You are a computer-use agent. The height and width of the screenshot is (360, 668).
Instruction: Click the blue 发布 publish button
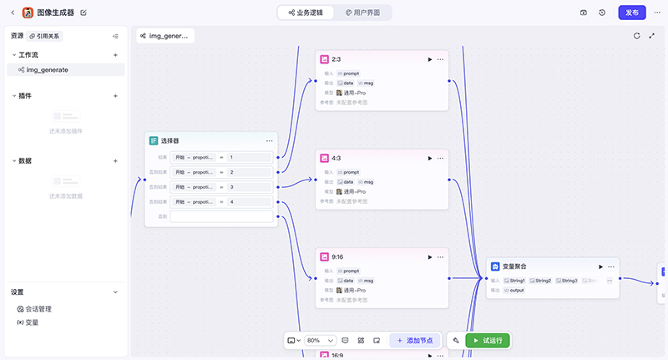pos(631,13)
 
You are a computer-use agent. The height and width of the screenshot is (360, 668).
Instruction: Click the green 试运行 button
pos(482,341)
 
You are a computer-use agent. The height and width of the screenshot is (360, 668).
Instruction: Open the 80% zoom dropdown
pos(321,341)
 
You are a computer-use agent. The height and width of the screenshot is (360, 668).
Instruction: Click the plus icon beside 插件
pos(115,95)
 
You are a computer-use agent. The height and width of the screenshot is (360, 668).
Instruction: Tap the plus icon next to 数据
pos(115,160)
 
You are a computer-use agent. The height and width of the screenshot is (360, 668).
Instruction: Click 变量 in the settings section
pos(32,322)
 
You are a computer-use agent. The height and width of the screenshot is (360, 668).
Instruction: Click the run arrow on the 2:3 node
pos(430,59)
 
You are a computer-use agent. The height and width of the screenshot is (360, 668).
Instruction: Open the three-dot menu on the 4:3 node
pos(441,157)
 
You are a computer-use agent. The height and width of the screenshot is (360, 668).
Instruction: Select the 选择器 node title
pos(170,140)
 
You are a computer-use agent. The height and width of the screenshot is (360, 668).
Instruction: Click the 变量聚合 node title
pos(514,266)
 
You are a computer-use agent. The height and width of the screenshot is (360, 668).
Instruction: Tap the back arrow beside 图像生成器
pos(13,13)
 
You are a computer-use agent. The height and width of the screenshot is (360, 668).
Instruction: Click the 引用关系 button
pos(45,36)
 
